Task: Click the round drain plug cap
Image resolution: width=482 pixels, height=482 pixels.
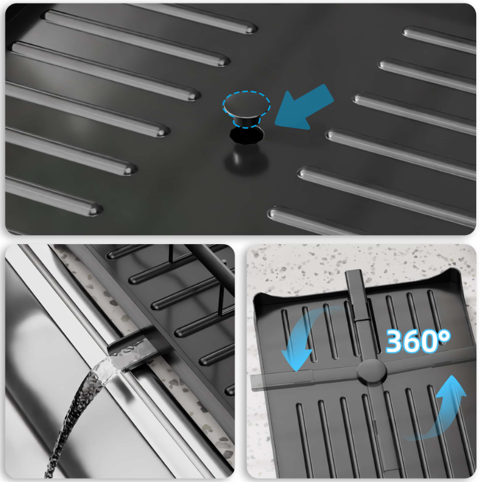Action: tap(246, 105)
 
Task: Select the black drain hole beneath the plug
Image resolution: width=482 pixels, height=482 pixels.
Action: tap(246, 136)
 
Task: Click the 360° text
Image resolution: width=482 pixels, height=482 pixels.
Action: tap(418, 341)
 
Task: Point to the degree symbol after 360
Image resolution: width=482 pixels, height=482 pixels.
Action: tap(444, 336)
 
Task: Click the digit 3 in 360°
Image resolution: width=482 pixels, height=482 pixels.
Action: tap(395, 341)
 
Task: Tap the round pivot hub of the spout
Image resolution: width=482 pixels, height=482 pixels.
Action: tap(372, 372)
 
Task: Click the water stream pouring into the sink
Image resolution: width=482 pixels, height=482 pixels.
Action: tap(77, 409)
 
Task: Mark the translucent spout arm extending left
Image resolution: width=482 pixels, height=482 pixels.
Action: tap(281, 380)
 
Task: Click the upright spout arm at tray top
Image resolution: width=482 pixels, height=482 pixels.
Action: tap(357, 295)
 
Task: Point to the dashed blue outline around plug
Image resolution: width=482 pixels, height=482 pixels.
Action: tap(246, 109)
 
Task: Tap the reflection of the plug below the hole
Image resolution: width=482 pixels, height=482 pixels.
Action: tap(246, 159)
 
